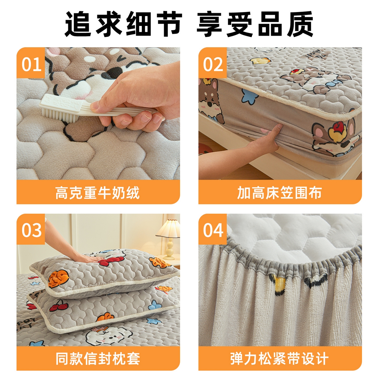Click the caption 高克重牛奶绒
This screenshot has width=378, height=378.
point(98,193)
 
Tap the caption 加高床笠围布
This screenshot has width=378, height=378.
point(279,193)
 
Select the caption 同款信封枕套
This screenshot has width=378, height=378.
point(98,359)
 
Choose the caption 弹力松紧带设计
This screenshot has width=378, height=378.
point(279,359)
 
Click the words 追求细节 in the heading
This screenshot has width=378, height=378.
point(123,24)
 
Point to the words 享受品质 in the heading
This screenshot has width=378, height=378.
point(255,24)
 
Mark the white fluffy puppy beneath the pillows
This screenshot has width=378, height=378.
point(107,335)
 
